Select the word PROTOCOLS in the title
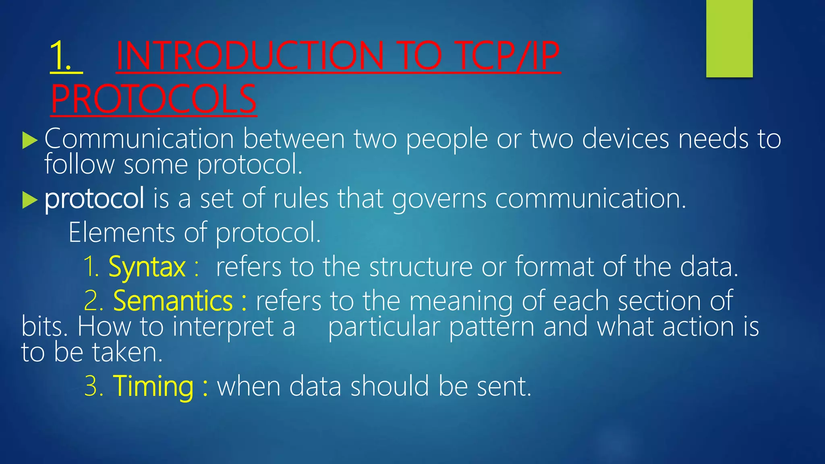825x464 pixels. tap(153, 99)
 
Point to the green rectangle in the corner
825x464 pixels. tap(729, 38)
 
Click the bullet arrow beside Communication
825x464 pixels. tap(30, 141)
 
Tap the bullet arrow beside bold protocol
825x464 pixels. tap(30, 200)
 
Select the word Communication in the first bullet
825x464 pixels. tap(139, 139)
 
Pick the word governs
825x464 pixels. tap(439, 199)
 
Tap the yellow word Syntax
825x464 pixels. tap(147, 267)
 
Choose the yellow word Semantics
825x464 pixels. tap(173, 301)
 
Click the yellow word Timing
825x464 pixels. tap(153, 386)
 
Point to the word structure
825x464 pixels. tap(421, 267)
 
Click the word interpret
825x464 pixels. tap(223, 327)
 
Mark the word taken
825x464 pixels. tap(127, 352)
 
